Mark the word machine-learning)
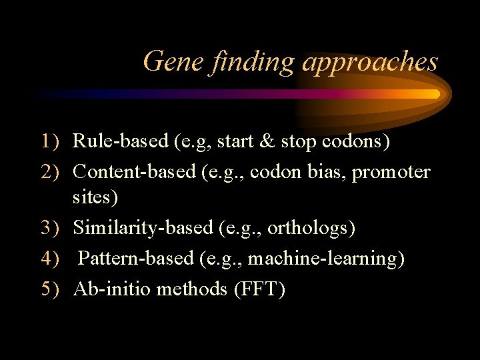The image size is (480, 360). coord(326,258)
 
